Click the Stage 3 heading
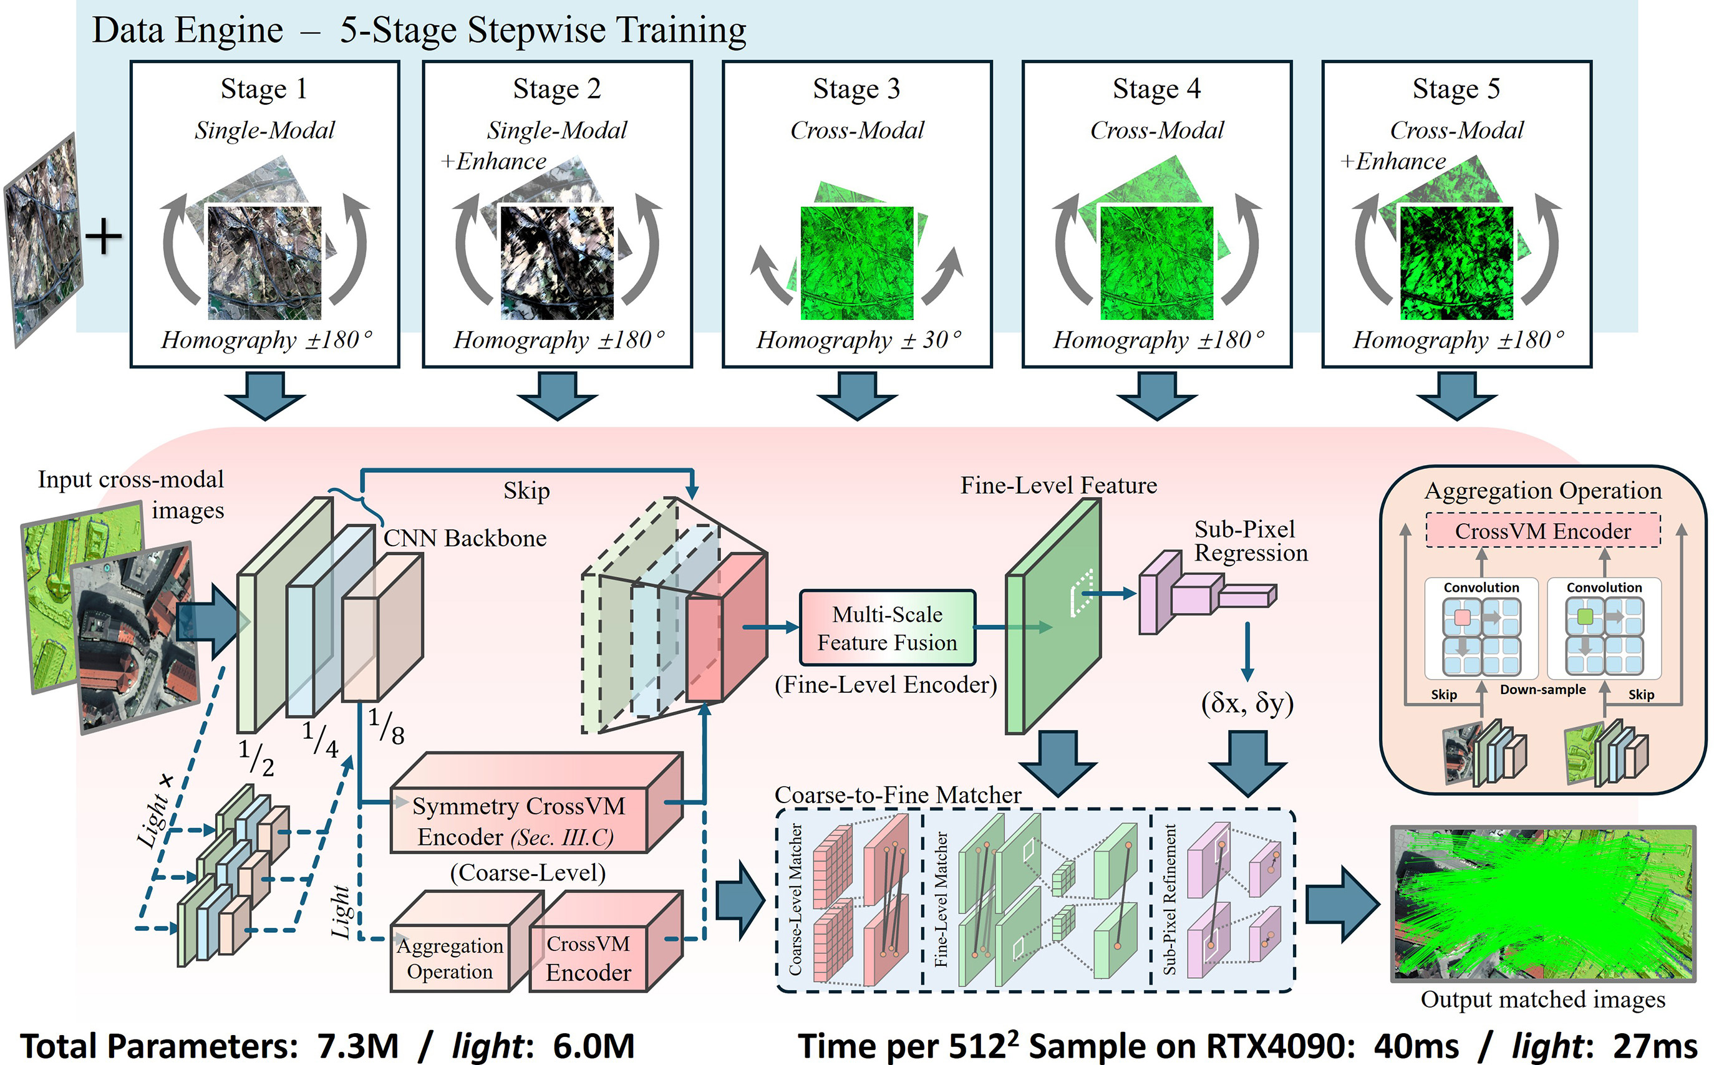click(x=856, y=89)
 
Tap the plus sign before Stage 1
click(x=104, y=236)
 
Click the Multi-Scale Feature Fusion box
click(x=887, y=629)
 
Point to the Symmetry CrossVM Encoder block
click(x=519, y=821)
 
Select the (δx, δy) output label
click(x=1247, y=703)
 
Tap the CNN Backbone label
click(x=464, y=538)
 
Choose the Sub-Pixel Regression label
click(x=1251, y=541)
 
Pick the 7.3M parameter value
click(x=358, y=1046)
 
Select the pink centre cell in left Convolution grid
click(x=1462, y=618)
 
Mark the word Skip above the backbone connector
click(x=526, y=491)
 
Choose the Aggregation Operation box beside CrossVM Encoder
click(x=450, y=958)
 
